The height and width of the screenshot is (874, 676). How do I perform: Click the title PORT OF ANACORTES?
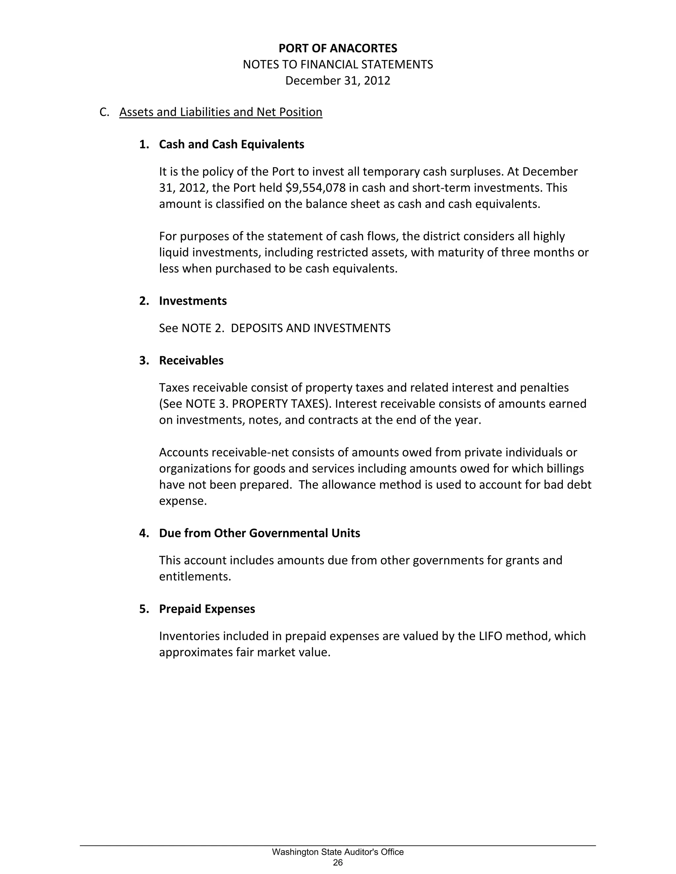tap(338, 48)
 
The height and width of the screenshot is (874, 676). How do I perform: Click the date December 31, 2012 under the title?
tap(338, 81)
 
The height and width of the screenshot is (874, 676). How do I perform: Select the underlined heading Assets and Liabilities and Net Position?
tap(221, 112)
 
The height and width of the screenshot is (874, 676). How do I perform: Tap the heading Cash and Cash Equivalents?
tap(231, 144)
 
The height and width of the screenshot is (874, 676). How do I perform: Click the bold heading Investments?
tap(193, 301)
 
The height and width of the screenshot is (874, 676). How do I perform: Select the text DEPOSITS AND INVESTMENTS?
tap(310, 328)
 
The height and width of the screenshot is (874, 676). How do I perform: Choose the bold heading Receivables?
tap(191, 360)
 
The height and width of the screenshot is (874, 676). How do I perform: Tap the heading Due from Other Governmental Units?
tap(259, 533)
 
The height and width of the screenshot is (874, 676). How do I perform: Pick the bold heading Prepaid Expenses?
tap(207, 609)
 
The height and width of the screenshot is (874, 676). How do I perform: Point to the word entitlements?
tap(195, 577)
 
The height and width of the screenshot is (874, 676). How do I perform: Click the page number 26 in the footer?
tap(338, 862)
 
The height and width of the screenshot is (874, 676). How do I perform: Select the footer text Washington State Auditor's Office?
tap(338, 852)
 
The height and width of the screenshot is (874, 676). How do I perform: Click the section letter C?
tap(104, 112)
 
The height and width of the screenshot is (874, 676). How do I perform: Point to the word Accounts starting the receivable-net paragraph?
tap(184, 452)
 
